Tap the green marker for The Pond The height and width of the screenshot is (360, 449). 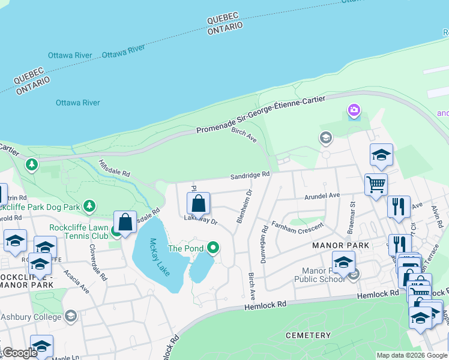pyautogui.click(x=212, y=248)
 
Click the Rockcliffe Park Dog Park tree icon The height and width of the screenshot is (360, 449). pyautogui.click(x=89, y=207)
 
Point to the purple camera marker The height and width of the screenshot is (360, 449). pyautogui.click(x=354, y=110)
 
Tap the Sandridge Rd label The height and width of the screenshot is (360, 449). pyautogui.click(x=250, y=176)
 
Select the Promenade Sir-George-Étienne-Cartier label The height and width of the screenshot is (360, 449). pyautogui.click(x=261, y=114)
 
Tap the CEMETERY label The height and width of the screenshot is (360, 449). pyautogui.click(x=308, y=335)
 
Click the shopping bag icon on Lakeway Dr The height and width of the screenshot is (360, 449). pyautogui.click(x=199, y=204)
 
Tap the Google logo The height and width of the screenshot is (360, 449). pyautogui.click(x=20, y=353)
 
